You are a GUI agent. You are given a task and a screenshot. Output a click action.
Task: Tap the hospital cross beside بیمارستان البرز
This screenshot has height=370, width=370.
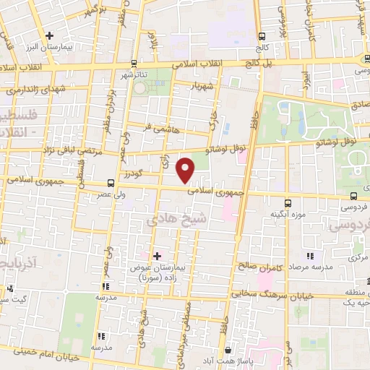point(49,35)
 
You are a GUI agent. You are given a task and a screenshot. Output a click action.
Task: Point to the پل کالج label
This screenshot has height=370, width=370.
point(261,64)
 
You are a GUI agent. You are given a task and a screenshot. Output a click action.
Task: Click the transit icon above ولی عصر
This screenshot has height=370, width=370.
point(111,183)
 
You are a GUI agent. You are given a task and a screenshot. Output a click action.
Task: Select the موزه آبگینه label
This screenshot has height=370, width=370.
point(285,215)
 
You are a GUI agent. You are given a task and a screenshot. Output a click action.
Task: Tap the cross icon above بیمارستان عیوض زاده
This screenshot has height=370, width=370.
point(157,255)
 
